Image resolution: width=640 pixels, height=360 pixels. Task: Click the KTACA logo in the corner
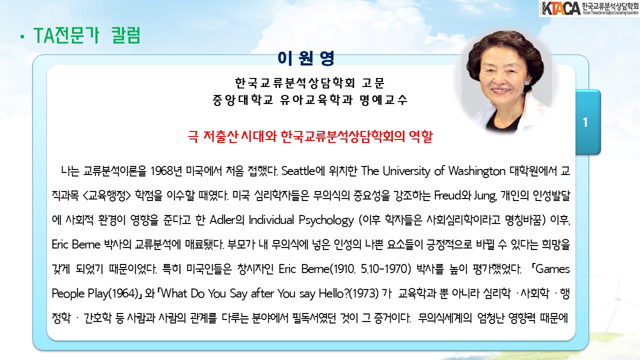point(589,8)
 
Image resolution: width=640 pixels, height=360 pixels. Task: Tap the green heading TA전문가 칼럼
point(87,35)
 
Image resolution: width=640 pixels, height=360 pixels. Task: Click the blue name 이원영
point(305,58)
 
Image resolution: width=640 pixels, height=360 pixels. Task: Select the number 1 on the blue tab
point(585,122)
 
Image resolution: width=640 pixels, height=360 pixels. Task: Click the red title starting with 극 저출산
point(310,136)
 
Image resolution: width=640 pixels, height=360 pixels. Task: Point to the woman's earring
point(527,83)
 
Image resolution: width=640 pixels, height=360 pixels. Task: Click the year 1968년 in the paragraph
point(166,171)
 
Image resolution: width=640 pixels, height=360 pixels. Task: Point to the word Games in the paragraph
point(552,269)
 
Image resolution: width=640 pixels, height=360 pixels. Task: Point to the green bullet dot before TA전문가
point(22,37)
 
